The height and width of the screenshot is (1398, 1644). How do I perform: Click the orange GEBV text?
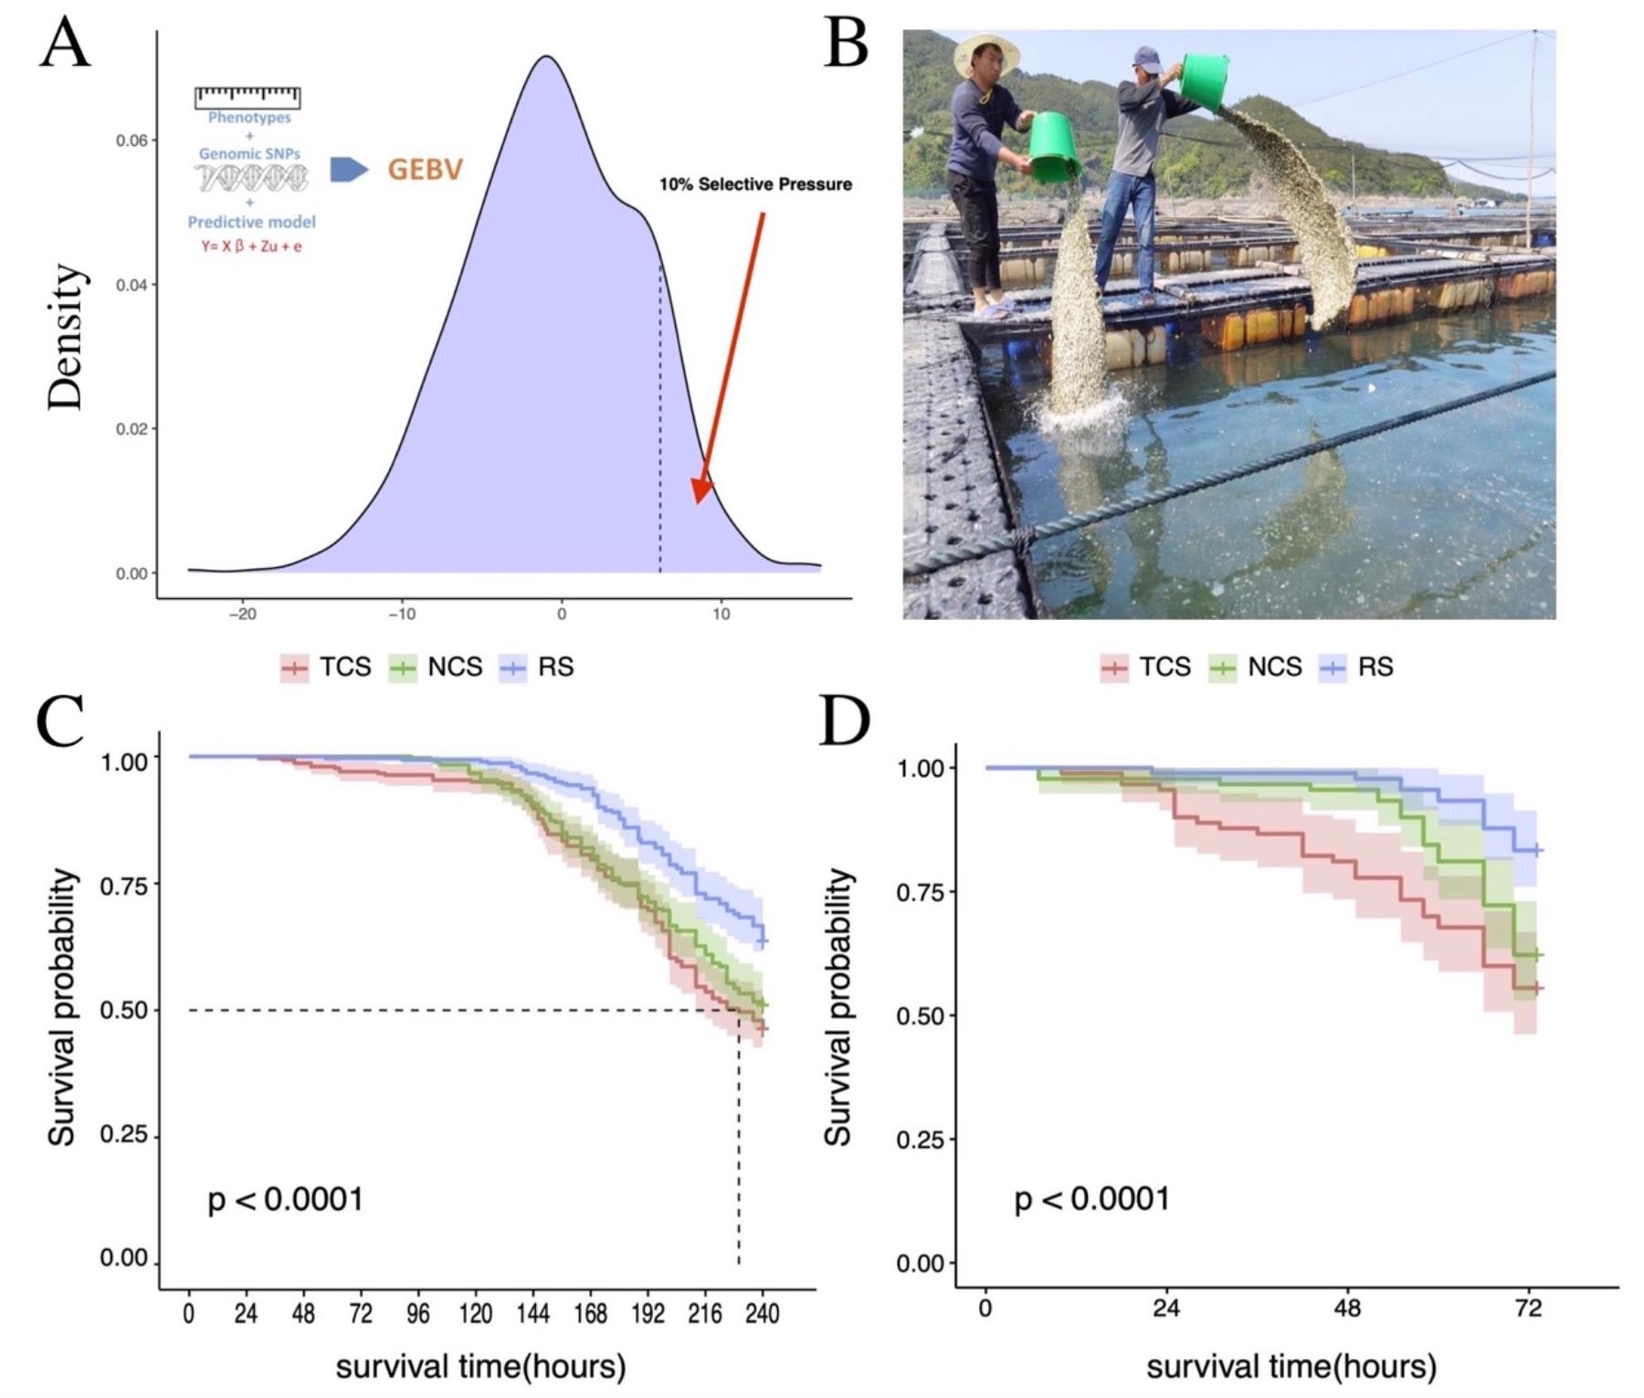426,169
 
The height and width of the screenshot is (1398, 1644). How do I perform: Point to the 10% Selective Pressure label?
755,184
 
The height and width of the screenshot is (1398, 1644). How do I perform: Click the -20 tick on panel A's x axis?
242,615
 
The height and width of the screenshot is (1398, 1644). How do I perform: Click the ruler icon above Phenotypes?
248,97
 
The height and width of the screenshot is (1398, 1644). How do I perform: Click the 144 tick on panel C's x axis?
533,1314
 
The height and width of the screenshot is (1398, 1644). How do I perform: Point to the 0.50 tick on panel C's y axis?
123,1010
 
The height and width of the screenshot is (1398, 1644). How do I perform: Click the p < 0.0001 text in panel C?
286,1199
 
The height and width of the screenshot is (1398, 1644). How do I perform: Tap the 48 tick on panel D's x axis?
1347,1309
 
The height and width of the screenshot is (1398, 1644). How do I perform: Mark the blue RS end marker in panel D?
1537,850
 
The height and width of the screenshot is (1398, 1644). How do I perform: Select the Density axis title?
67,338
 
